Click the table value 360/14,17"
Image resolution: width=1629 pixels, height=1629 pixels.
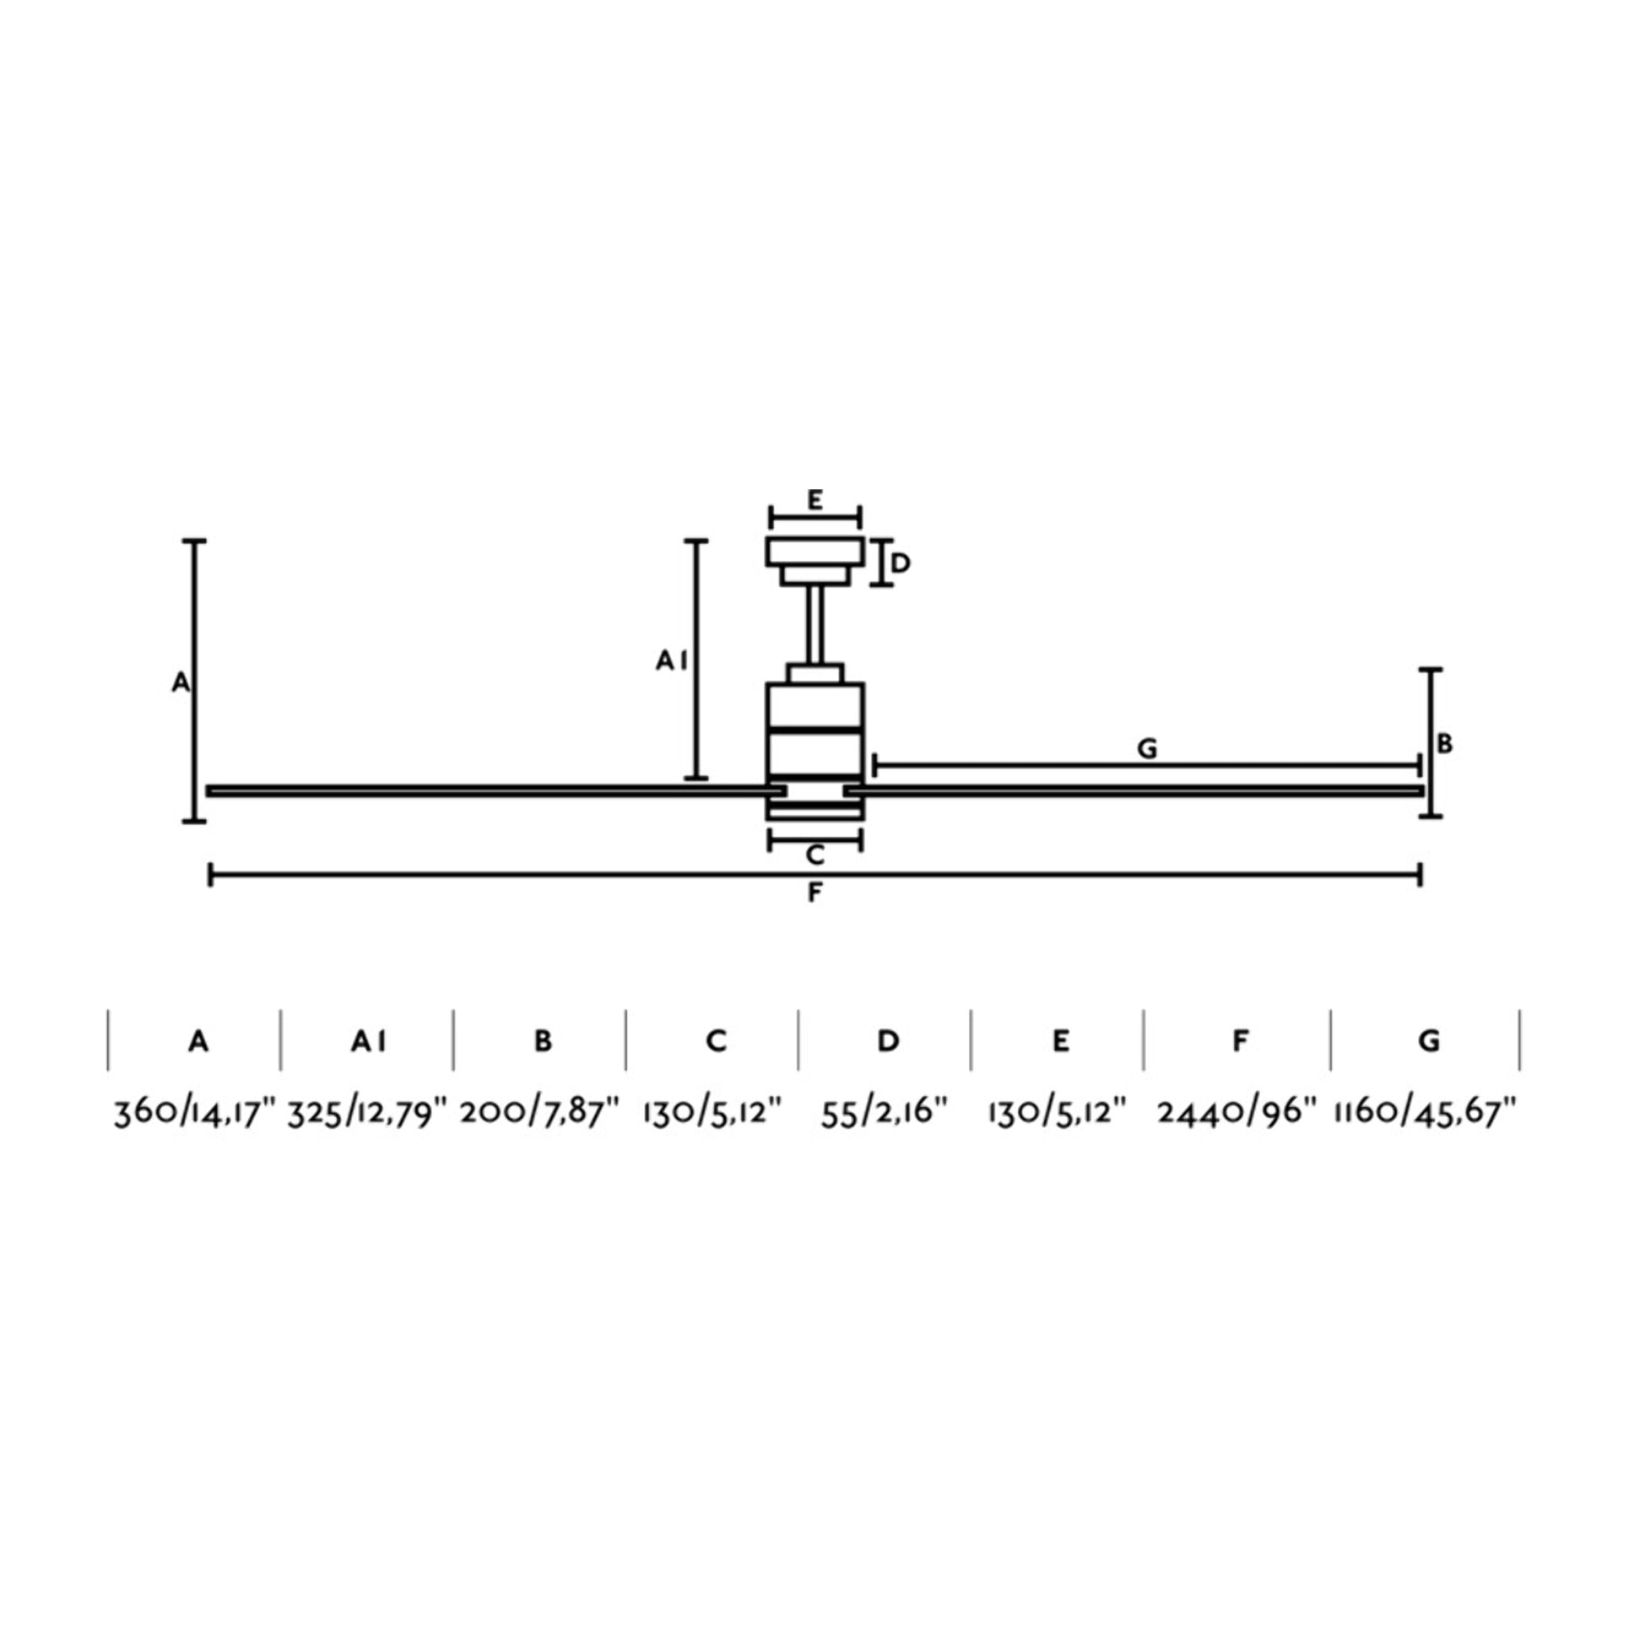196,1114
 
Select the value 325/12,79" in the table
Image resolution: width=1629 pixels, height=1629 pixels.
367,1114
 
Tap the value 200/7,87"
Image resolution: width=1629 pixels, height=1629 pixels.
540,1114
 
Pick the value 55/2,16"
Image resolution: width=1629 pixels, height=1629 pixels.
884,1114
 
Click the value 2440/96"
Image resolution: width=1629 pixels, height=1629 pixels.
1237,1114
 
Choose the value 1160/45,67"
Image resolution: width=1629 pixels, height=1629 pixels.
1425,1114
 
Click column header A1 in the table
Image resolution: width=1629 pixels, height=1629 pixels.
368,1042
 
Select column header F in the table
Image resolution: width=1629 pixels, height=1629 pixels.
1239,1042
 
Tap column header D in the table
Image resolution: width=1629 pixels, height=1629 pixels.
888,1042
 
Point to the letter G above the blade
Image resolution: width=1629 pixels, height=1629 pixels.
1147,748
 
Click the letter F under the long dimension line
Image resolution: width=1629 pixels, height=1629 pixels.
814,893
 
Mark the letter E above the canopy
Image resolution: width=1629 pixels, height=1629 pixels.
814,500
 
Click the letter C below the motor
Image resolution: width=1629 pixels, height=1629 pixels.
814,856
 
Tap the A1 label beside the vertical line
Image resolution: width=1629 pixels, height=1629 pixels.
671,662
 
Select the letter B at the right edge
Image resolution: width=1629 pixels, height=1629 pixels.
1444,744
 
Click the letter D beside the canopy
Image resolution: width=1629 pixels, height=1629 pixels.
900,563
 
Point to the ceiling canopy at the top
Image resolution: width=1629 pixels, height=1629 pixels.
814,553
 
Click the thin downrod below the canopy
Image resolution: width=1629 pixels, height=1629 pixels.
814,624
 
